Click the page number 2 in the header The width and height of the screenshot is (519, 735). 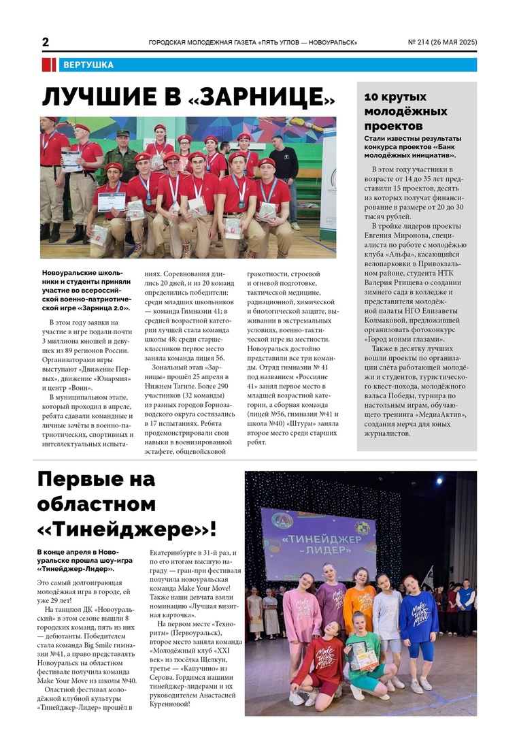46,42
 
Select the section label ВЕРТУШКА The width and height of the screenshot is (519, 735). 88,65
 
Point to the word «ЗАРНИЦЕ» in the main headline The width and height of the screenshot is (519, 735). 261,97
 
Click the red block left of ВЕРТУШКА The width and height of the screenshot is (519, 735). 48,65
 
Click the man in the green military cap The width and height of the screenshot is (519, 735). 123,151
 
